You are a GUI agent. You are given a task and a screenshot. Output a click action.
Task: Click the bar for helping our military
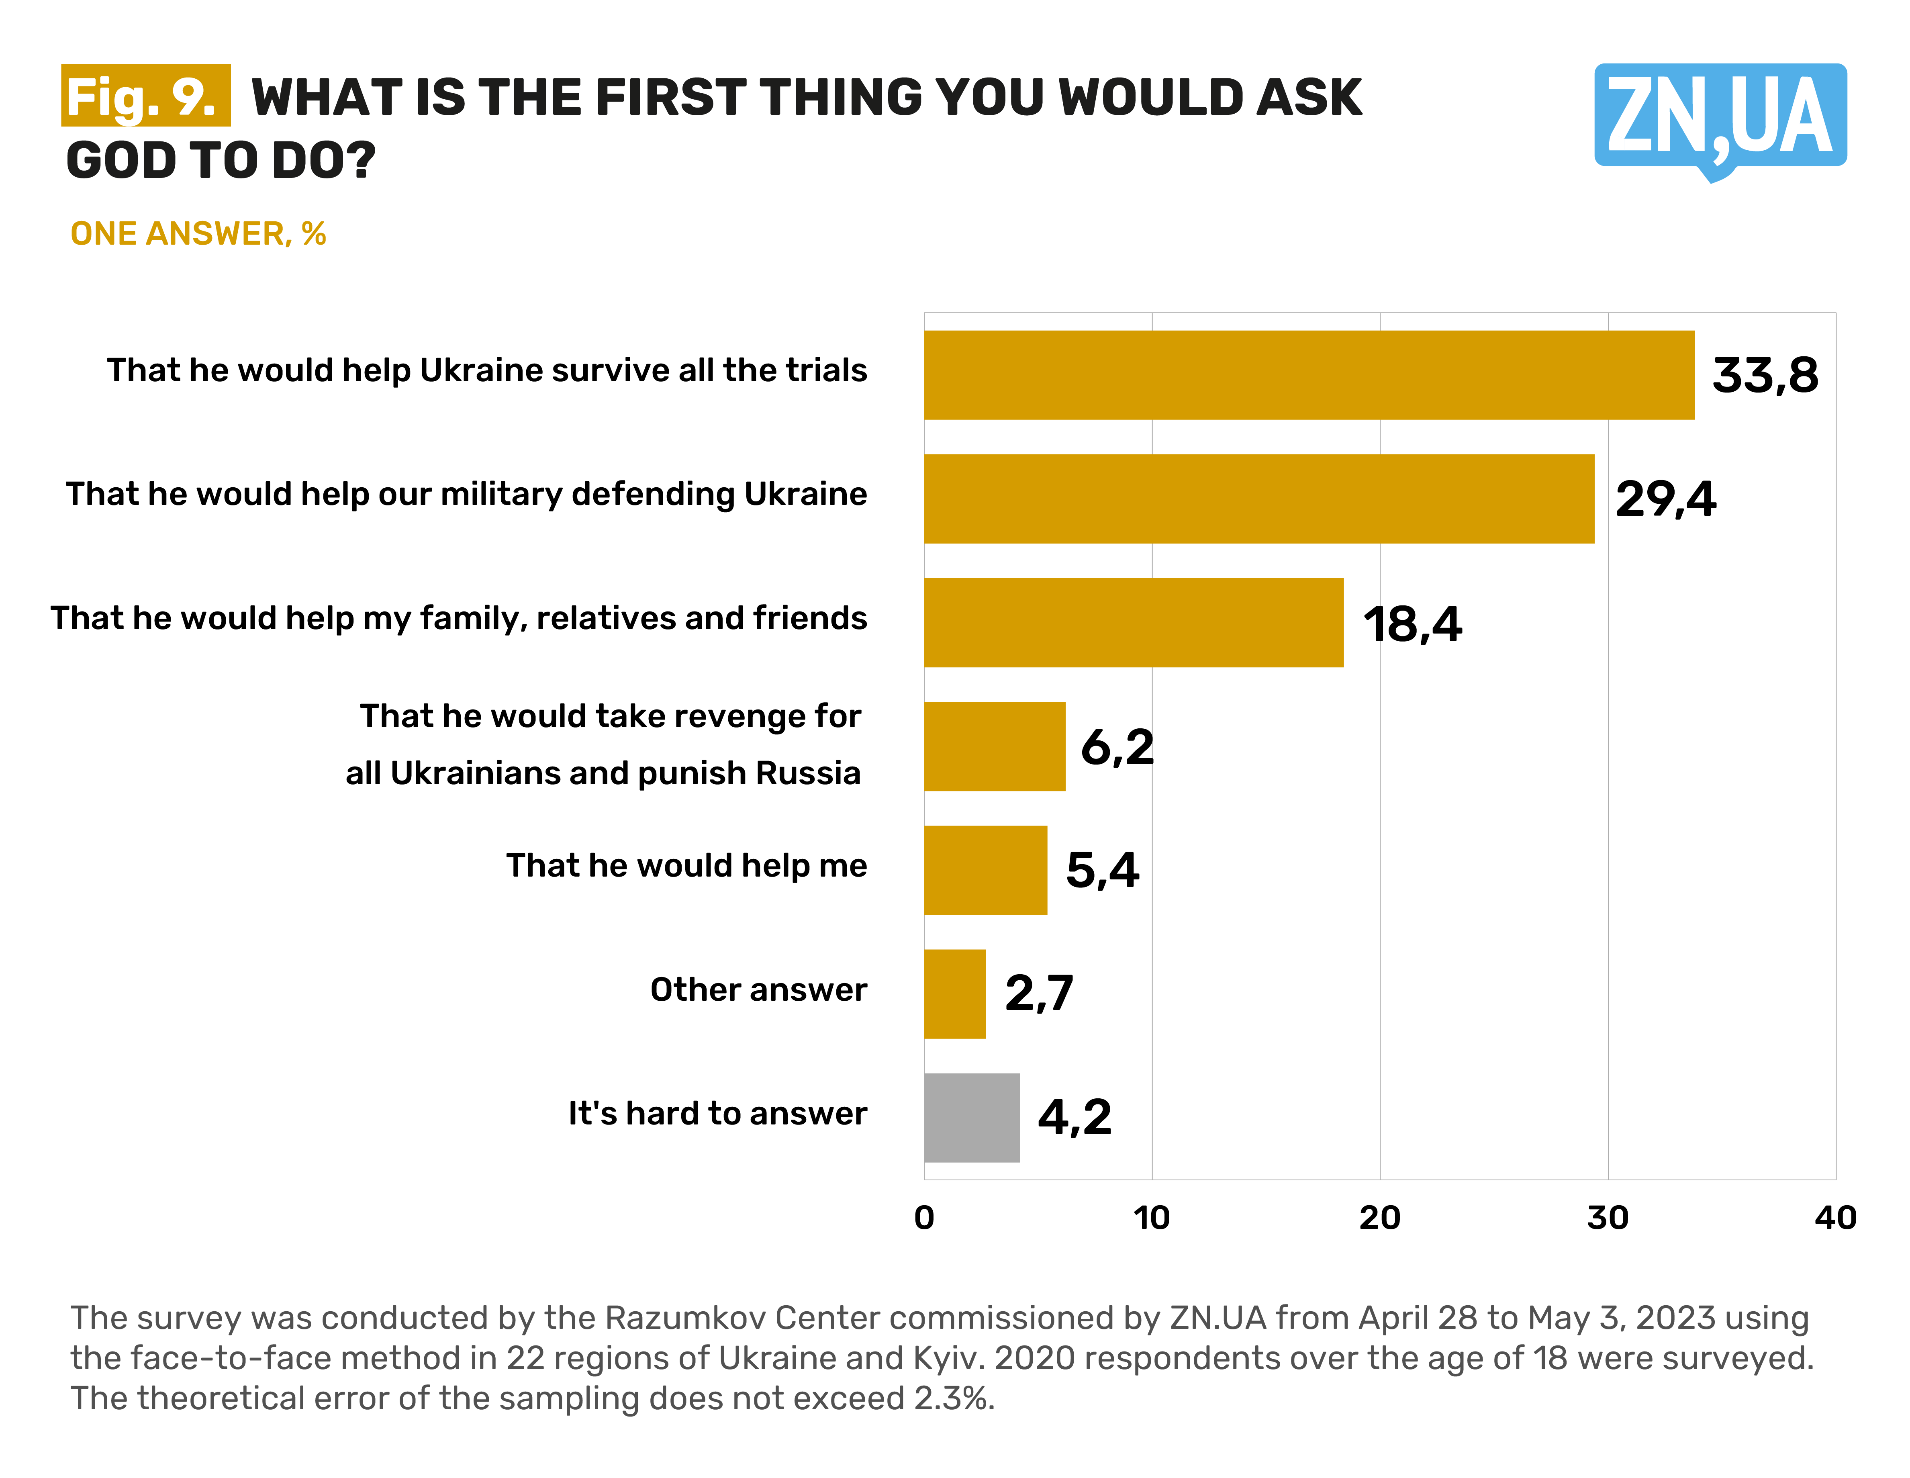coord(1258,499)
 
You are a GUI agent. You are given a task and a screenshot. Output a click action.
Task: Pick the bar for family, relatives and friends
coord(1134,623)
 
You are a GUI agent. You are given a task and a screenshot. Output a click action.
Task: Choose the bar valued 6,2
coord(994,746)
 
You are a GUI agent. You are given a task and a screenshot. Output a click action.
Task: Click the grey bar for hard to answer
coord(972,1118)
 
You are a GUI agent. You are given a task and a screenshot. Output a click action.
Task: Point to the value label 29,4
coord(1665,499)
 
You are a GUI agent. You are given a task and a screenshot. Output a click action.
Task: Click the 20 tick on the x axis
coord(1379,1217)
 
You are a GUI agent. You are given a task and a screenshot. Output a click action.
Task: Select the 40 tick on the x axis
coord(1835,1217)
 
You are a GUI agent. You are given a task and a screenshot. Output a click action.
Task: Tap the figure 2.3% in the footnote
coord(953,1398)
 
